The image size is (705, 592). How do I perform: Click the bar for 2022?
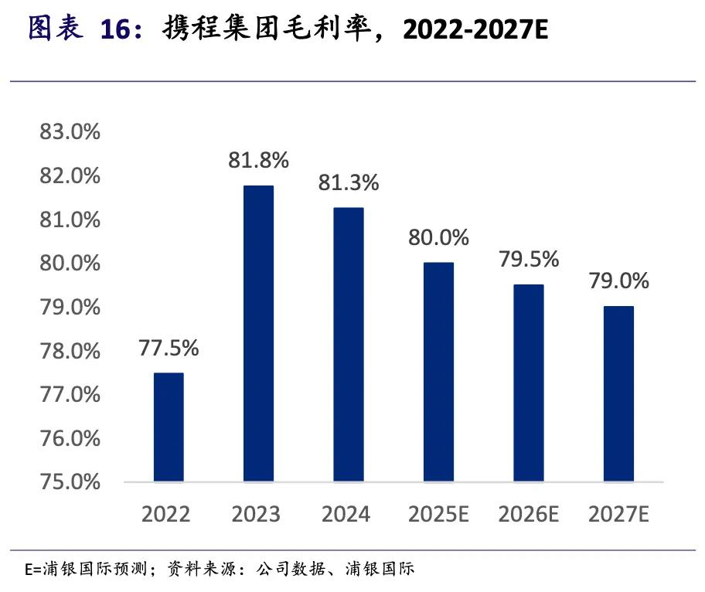coord(169,427)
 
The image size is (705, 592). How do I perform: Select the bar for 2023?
coord(258,334)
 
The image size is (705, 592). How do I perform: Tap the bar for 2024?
coord(349,345)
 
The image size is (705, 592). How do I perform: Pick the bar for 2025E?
coord(438,373)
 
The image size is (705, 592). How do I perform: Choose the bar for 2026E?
coord(529,383)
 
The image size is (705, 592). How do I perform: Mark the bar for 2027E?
coord(618,394)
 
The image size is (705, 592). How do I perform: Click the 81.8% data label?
coord(258,160)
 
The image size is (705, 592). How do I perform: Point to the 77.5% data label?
coord(169,348)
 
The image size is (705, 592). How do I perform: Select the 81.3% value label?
coord(349,182)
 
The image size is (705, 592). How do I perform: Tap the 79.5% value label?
coord(529,259)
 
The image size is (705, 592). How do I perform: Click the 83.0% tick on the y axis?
coord(70,132)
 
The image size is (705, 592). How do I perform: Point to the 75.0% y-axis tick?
coord(70,482)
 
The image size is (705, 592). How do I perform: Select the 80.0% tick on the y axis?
coord(70,264)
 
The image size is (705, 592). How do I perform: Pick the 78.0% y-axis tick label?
coord(70,351)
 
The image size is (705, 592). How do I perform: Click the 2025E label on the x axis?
coord(438,514)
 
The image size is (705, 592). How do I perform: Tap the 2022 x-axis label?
coord(169,514)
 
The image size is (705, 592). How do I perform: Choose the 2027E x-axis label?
coord(618,514)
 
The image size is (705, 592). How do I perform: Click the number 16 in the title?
coord(116,29)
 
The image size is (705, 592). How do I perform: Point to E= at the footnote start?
coord(33,571)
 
